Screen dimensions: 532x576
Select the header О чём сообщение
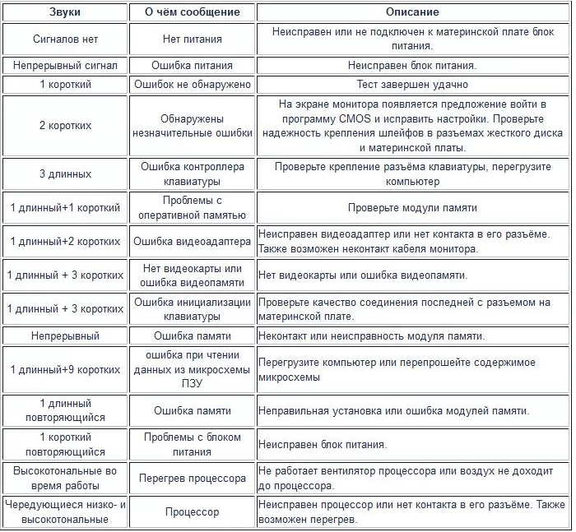[x=193, y=12]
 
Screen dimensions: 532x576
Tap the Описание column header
[x=412, y=12]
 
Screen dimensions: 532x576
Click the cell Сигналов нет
[x=65, y=39]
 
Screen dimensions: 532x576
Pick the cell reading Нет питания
[x=193, y=39]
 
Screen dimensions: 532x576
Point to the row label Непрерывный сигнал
[x=65, y=65]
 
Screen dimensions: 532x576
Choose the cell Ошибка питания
[x=193, y=65]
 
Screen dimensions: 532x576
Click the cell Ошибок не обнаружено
[x=193, y=85]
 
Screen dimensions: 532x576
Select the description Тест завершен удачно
[x=412, y=85]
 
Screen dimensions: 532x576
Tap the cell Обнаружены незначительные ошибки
[x=193, y=126]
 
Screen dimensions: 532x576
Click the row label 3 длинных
[x=65, y=174]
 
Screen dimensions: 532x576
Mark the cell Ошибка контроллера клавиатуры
[x=193, y=174]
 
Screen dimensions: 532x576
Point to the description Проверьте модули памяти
[x=412, y=208]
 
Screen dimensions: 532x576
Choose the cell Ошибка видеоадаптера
[x=193, y=242]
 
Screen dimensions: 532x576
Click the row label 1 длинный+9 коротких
[x=65, y=370]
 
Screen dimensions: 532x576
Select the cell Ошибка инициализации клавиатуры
[x=193, y=309]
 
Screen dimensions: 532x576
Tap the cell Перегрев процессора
[x=193, y=479]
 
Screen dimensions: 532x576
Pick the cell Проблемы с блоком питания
[x=193, y=445]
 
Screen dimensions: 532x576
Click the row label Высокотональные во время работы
[x=65, y=479]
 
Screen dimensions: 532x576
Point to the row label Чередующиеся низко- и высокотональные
[x=65, y=512]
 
